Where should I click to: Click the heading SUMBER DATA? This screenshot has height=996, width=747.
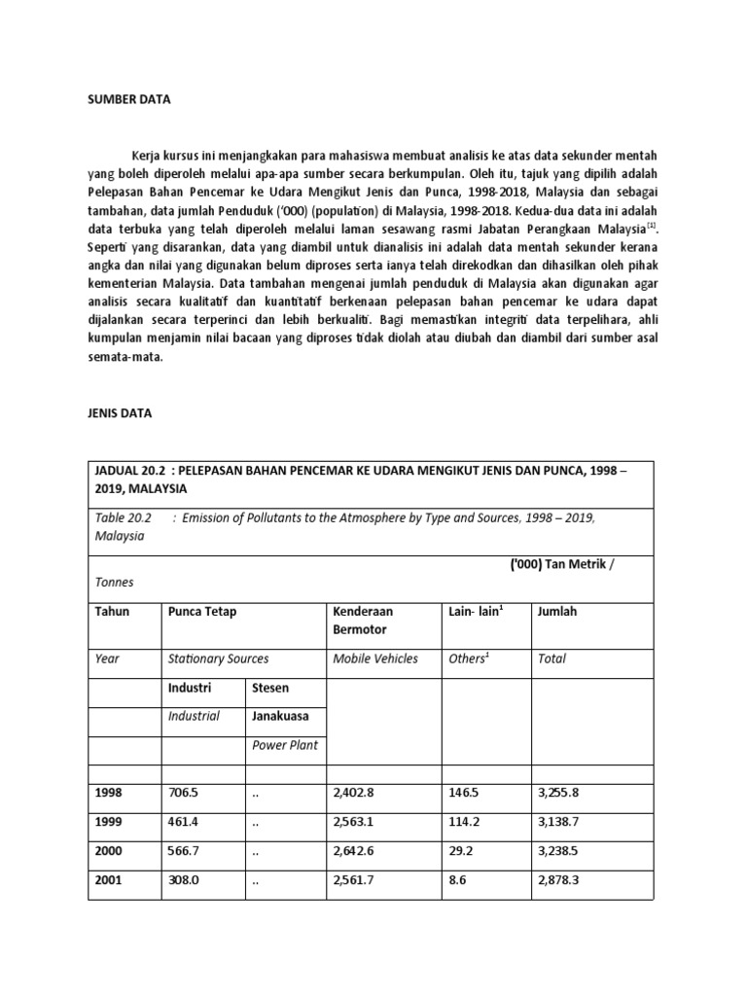click(x=128, y=98)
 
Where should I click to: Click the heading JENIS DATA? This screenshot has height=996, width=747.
click(x=120, y=412)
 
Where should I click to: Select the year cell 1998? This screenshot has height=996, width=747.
click(x=109, y=792)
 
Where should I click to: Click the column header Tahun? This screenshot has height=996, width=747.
click(x=112, y=611)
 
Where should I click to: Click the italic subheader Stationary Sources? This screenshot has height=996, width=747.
click(x=218, y=658)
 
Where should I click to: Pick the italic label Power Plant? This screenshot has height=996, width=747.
click(x=284, y=747)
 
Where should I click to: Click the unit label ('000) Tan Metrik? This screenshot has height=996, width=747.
click(x=569, y=563)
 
